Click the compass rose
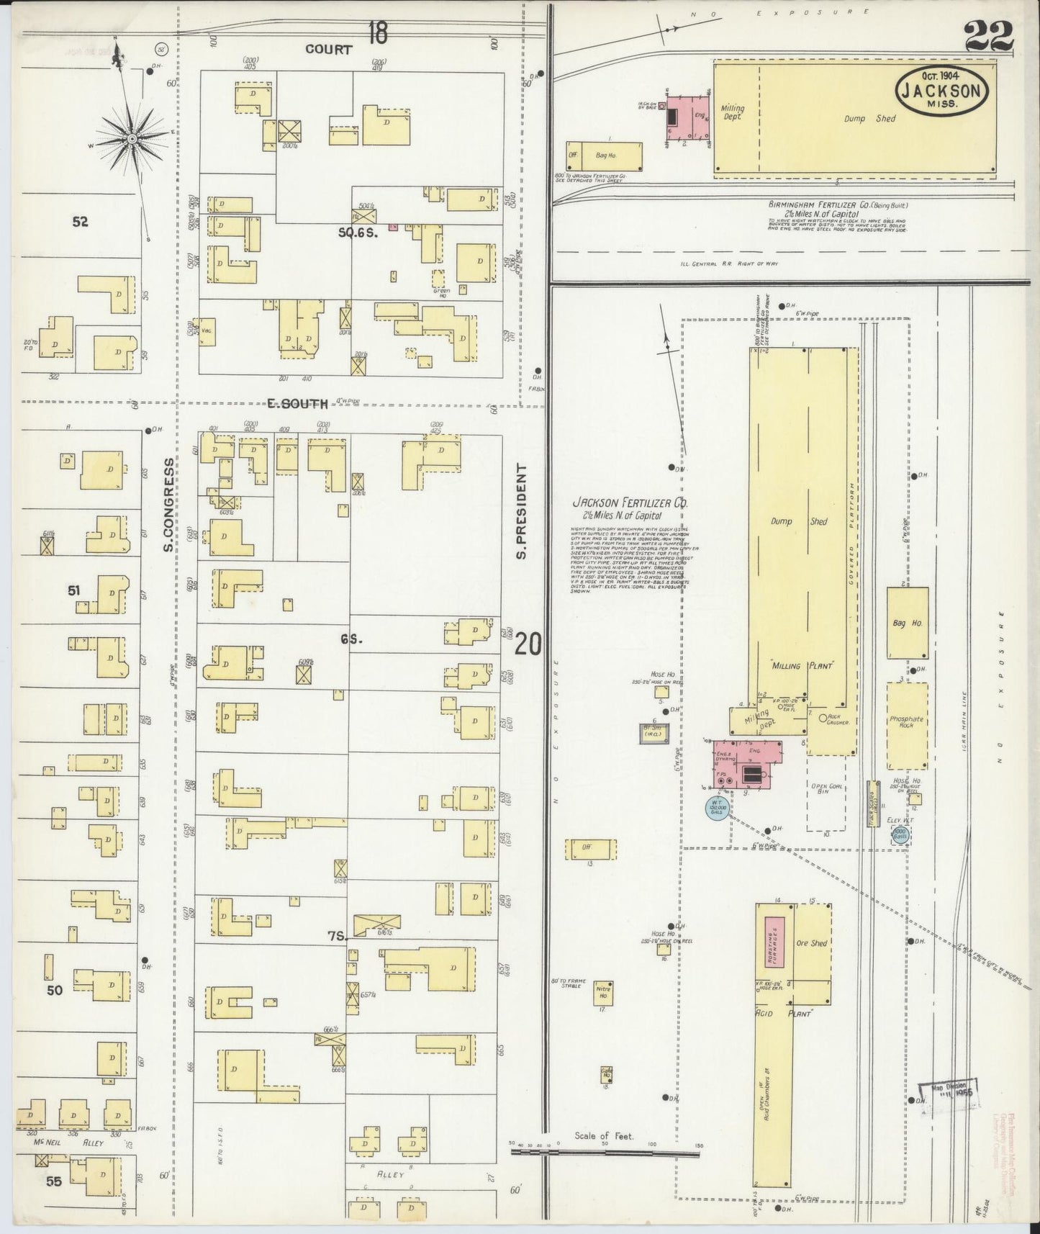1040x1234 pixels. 132,137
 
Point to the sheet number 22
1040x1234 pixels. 988,35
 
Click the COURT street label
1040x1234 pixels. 328,50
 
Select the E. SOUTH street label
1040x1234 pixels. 297,404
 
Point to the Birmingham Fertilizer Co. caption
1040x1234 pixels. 836,204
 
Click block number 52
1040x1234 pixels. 80,222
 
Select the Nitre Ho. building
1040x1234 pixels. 602,992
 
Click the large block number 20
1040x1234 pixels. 528,643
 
